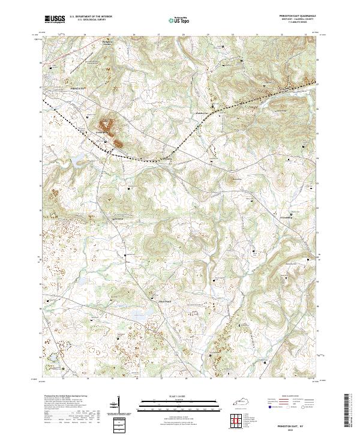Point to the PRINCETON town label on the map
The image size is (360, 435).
click(x=79, y=88)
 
